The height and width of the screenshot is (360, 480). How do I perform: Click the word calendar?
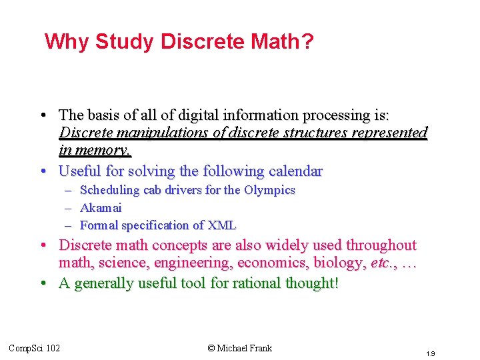[x=293, y=171]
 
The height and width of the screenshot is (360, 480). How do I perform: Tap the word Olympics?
[x=269, y=190]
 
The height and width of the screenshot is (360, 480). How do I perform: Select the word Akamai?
[x=101, y=207]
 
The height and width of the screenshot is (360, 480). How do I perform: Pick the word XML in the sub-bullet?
[x=223, y=225]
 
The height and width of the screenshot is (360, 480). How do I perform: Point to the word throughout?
[x=378, y=245]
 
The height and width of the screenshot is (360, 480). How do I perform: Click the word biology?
[x=339, y=264]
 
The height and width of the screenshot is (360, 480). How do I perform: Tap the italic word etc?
[x=380, y=264]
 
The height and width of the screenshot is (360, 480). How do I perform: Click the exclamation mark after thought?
[x=337, y=283]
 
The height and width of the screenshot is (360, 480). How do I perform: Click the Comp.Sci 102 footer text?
[x=34, y=348]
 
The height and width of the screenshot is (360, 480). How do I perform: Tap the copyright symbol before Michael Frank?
[x=211, y=348]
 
